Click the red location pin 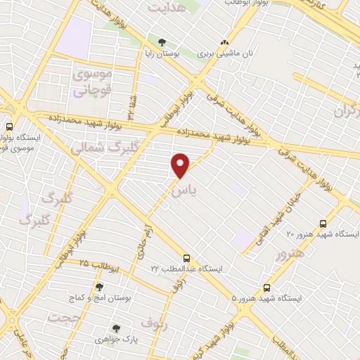181,165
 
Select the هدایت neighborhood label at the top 169,7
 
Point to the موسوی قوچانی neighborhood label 93,82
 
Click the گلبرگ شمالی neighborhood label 98,148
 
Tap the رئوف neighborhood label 155,323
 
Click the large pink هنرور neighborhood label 290,253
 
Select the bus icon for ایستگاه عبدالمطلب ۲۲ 186,258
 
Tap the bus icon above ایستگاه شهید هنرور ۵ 266,288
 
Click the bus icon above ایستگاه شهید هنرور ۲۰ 323,222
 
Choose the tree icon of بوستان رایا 163,43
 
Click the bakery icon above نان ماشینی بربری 224,43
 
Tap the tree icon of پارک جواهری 117,328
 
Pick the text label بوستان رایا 163,53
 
